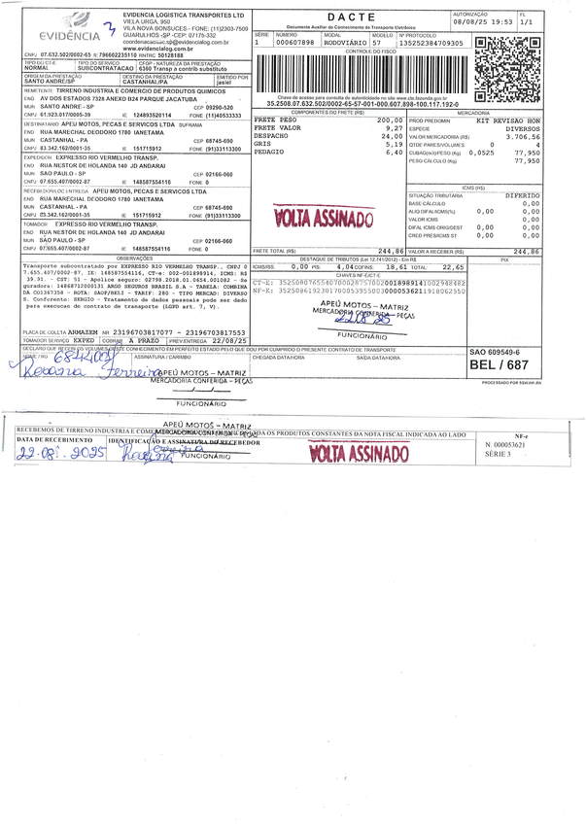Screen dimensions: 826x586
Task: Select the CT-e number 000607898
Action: point(293,43)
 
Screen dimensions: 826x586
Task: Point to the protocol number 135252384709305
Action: point(429,43)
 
